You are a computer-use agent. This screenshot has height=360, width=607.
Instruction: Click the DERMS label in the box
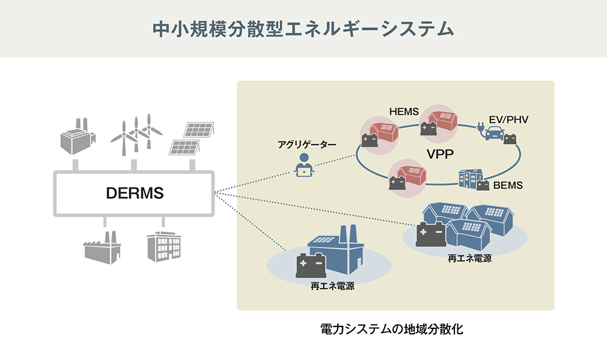134,193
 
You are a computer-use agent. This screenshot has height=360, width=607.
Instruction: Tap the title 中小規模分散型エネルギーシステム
303,29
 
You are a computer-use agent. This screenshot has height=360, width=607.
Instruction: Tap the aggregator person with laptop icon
302,165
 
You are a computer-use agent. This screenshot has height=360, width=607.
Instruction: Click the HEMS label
404,111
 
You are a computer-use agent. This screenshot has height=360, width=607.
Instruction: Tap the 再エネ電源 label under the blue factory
332,286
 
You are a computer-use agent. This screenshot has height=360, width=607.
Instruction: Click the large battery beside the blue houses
431,234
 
